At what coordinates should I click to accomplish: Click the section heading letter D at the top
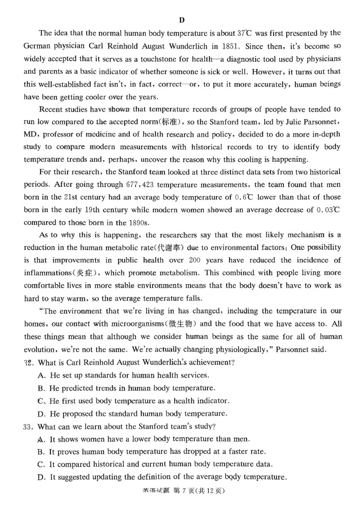[181, 20]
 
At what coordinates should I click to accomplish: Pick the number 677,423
[139, 184]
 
